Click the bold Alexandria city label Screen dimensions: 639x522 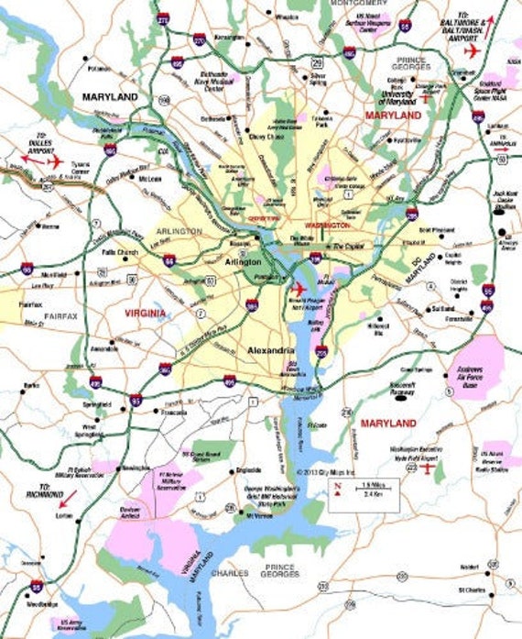270,350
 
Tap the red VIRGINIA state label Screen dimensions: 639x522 147,313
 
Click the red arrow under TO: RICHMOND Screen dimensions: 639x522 67,500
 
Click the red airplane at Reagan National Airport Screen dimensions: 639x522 297,291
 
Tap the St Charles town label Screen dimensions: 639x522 473,590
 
